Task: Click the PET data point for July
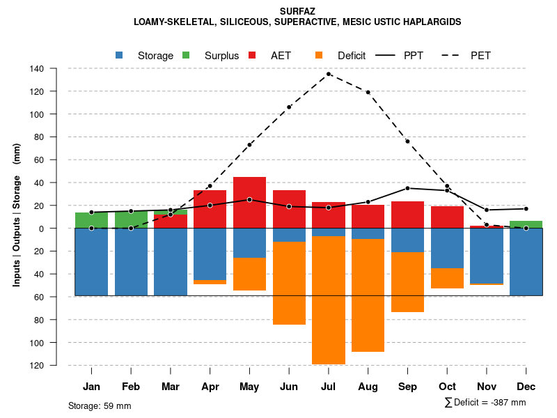[329, 74]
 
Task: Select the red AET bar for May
[249, 203]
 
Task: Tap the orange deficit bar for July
[329, 300]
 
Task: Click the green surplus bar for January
[91, 220]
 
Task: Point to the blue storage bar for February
[131, 262]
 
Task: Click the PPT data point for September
[407, 188]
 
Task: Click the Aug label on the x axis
[368, 387]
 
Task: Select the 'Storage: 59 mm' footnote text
[100, 405]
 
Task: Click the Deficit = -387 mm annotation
[485, 403]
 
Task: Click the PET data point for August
[368, 92]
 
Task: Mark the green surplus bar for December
[526, 224]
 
